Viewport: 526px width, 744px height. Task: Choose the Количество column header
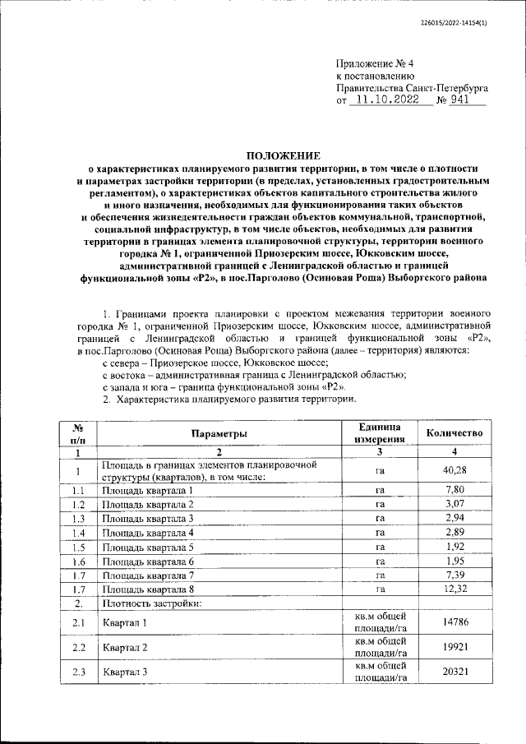[x=454, y=433]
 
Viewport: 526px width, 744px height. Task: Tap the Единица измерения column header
[x=380, y=433]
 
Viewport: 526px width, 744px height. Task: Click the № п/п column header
[x=76, y=433]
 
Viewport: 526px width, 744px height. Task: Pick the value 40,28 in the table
[x=454, y=471]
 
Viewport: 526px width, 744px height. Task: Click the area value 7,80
[x=454, y=490]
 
